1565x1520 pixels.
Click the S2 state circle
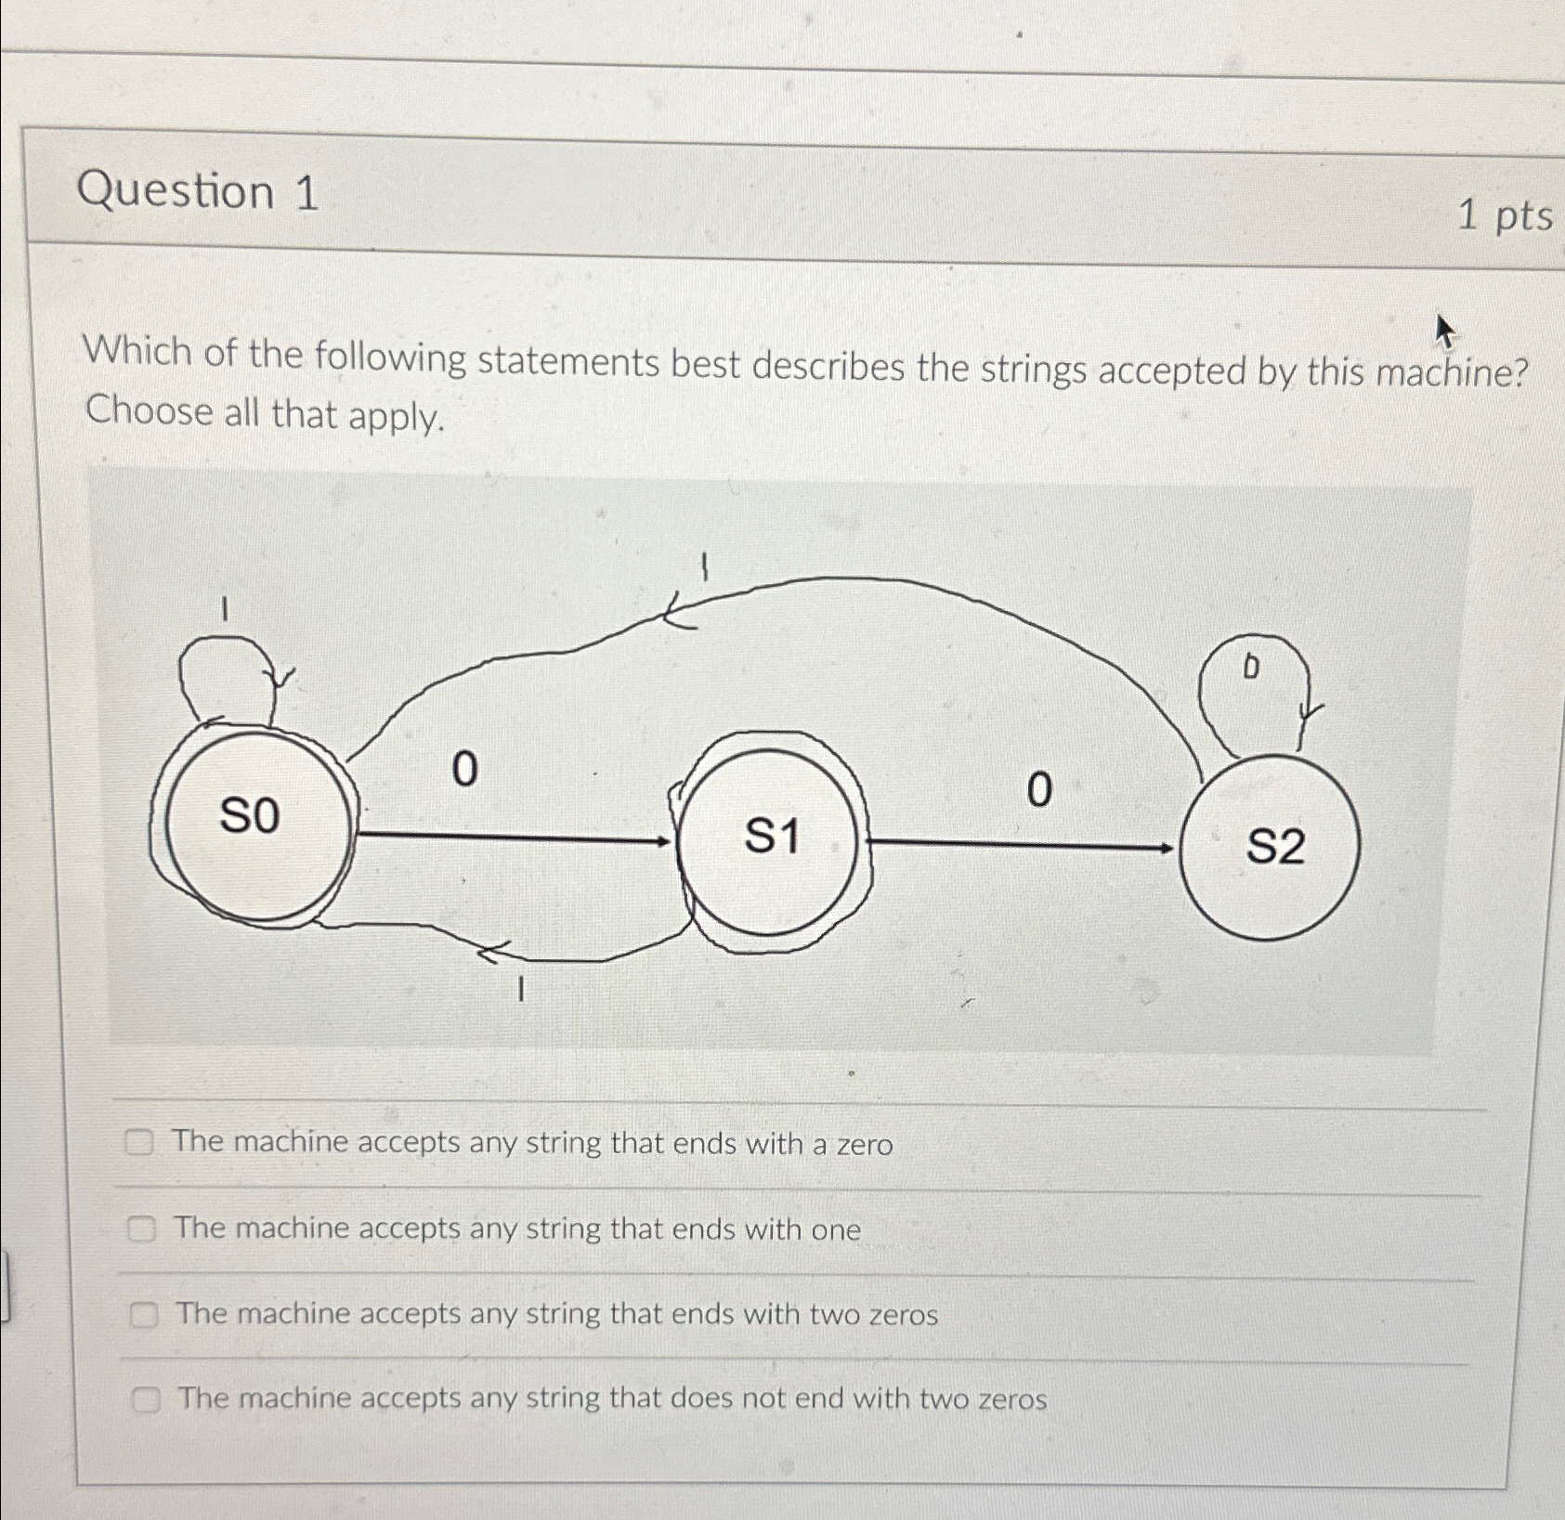point(1272,847)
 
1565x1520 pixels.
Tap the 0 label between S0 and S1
point(464,770)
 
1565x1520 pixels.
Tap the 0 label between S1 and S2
point(1040,791)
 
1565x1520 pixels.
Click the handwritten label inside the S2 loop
point(1251,666)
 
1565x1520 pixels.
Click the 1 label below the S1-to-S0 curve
point(522,992)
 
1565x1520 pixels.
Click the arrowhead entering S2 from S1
point(1166,848)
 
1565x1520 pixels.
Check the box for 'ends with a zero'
point(140,1143)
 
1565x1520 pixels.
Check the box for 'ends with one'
point(141,1229)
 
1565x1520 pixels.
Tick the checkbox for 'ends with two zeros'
point(143,1314)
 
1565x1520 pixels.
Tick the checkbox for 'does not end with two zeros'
point(146,1398)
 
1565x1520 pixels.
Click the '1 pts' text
point(1504,216)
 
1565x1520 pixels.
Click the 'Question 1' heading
point(198,192)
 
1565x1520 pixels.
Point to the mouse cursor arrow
point(1444,331)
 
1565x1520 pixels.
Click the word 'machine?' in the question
point(1451,374)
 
